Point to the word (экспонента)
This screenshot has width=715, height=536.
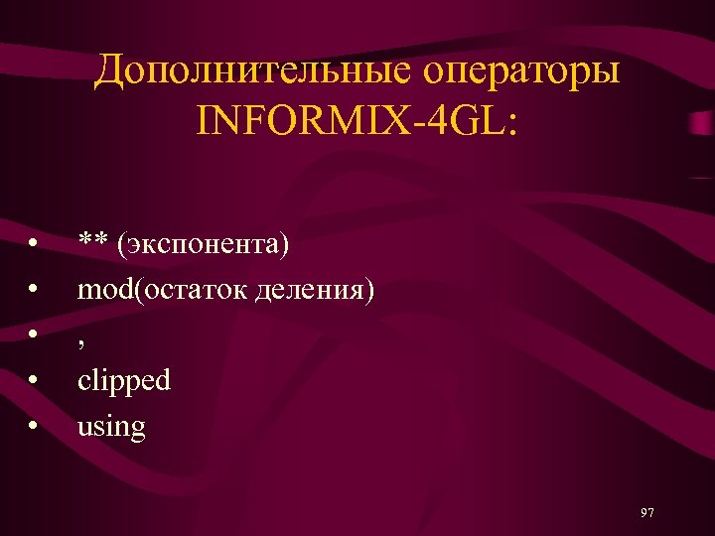coord(203,244)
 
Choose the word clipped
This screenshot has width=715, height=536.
coord(124,381)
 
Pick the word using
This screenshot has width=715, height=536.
coord(111,428)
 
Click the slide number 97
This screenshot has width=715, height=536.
coord(647,512)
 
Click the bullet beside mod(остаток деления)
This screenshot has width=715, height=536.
coord(35,290)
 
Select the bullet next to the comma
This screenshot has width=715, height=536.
coord(35,335)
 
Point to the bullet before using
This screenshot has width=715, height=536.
coord(35,427)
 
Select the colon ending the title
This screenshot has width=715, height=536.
coord(511,123)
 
